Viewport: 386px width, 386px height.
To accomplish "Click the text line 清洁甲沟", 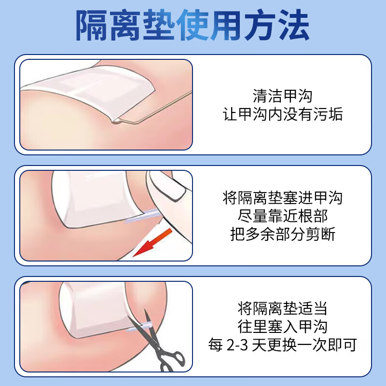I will click(x=282, y=95).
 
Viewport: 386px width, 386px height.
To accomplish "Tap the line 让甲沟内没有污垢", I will click(x=282, y=114).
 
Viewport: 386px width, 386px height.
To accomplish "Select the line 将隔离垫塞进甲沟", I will click(x=282, y=197).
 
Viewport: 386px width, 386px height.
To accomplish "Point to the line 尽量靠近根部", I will click(x=282, y=216).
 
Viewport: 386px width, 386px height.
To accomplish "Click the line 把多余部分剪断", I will click(x=282, y=234).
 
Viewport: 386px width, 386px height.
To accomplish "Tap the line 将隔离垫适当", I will click(x=282, y=307).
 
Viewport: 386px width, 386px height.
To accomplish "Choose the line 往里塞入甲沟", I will click(x=282, y=327).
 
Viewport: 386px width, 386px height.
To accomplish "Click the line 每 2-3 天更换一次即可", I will click(x=282, y=345).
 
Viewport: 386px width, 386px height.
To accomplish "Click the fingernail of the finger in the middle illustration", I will click(x=169, y=186).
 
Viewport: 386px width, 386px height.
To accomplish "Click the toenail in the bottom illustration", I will click(x=94, y=309).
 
